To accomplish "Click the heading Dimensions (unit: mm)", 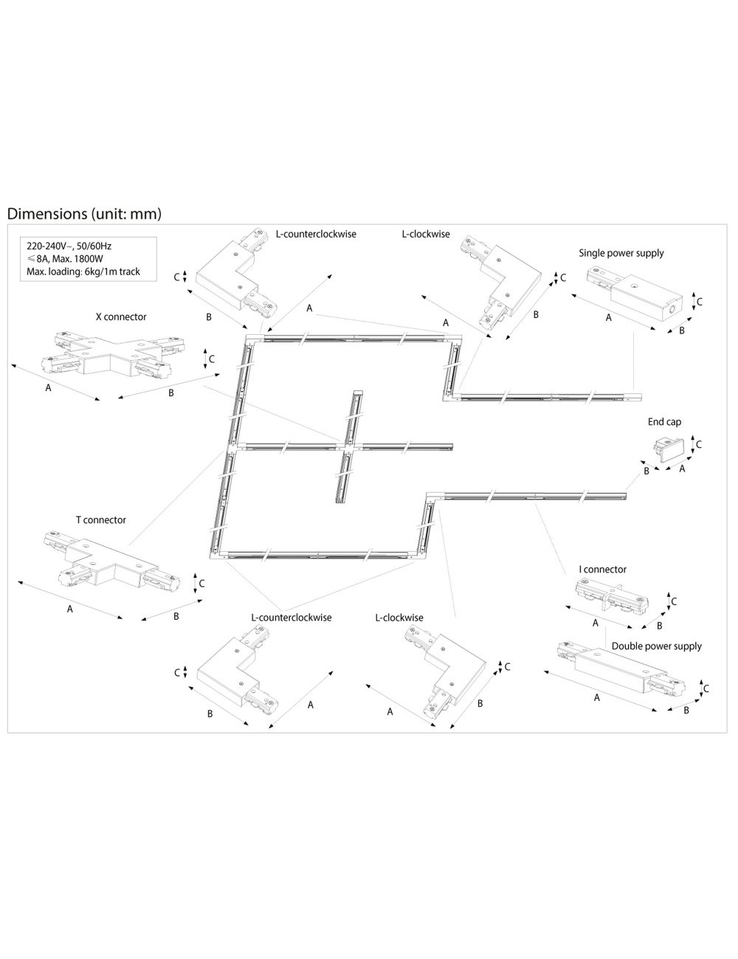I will [83, 213].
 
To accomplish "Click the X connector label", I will [121, 316].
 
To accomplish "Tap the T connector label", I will [100, 519].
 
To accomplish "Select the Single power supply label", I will [621, 252].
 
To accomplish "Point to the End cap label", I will [664, 421].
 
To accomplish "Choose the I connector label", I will [603, 569].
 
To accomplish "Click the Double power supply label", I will [656, 645].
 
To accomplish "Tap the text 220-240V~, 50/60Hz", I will [69, 245].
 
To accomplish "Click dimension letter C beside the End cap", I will [698, 444].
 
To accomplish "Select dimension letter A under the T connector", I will [70, 609].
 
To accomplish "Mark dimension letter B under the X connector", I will [170, 392].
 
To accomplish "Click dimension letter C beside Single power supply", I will [699, 302].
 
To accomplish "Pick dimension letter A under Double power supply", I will [596, 697].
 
